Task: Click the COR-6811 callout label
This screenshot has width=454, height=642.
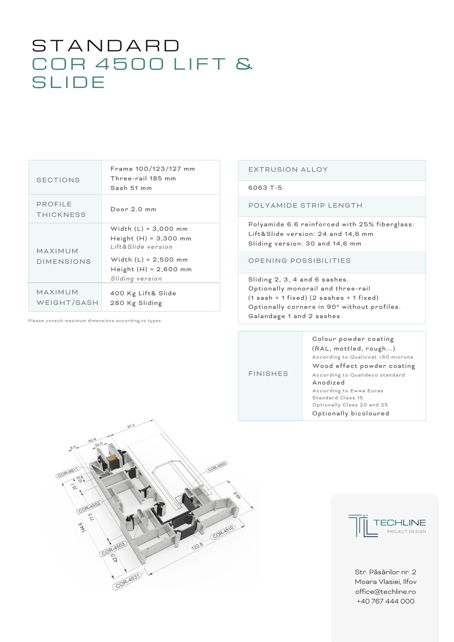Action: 68,472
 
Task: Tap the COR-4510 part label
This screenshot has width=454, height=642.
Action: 223,532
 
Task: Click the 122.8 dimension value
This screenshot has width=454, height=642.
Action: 197,546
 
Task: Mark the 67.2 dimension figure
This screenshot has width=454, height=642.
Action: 131,426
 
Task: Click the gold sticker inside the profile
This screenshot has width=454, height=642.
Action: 111,458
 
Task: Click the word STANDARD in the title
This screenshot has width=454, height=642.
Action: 106,46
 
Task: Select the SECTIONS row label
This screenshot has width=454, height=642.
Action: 58,180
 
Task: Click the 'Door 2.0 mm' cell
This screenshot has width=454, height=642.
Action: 133,209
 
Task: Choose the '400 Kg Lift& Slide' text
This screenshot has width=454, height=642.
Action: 143,293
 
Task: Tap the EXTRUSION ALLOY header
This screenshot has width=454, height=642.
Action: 288,169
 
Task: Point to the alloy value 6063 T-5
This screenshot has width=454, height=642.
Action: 265,188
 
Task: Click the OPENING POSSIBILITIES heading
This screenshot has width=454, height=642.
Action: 299,261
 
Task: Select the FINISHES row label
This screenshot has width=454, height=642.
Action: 268,374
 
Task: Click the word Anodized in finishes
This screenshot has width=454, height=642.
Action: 328,383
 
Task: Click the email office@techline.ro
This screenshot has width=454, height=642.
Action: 385,592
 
